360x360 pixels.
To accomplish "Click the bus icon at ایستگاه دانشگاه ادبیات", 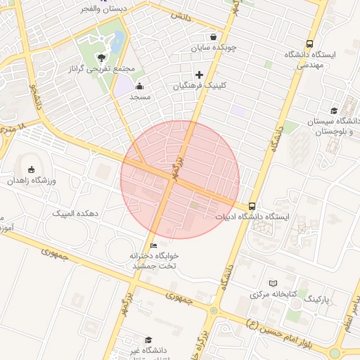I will pyautogui.click(x=252, y=206).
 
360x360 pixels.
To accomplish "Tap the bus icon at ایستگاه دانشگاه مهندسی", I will pyautogui.click(x=310, y=44).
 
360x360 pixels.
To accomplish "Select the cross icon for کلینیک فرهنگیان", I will pyautogui.click(x=199, y=75).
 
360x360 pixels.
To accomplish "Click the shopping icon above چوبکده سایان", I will pyautogui.click(x=213, y=37).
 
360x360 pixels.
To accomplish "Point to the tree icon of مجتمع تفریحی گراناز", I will pyautogui.click(x=103, y=58).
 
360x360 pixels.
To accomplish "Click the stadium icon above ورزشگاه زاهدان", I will pyautogui.click(x=31, y=169).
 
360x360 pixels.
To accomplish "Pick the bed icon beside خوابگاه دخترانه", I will pyautogui.click(x=153, y=245).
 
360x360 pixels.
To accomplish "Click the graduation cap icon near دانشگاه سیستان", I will pyautogui.click(x=333, y=110).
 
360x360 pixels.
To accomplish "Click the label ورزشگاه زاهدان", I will pyautogui.click(x=31, y=181).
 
